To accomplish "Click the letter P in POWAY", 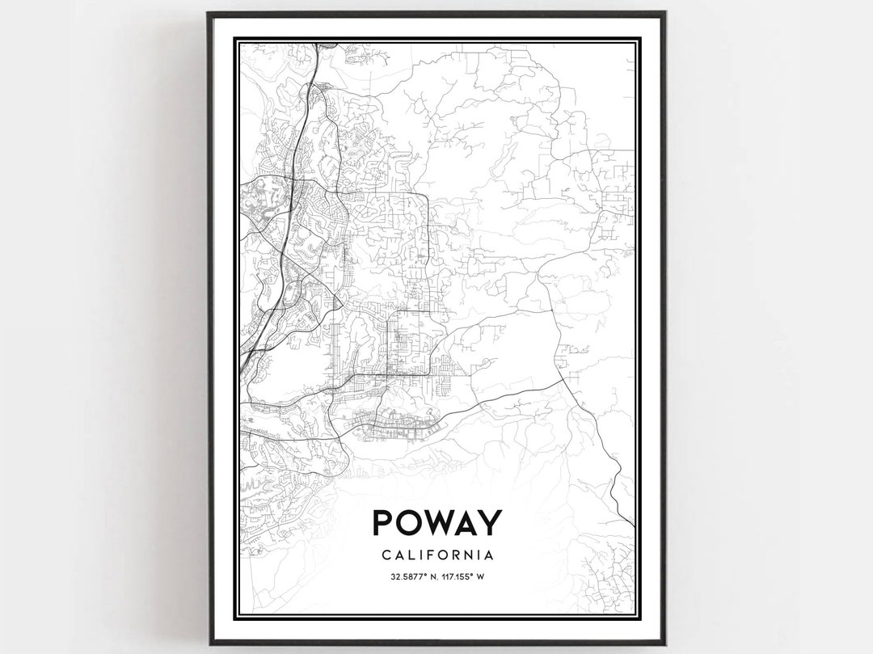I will tap(382, 523).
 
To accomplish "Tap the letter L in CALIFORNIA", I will tap(409, 555).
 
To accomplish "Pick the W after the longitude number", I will tap(480, 577).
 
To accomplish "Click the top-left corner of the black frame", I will tap(209, 13).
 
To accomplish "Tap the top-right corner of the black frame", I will tap(664, 13).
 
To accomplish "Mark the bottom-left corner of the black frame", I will tap(209, 643).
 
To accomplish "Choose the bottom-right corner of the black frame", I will tap(664, 643).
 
